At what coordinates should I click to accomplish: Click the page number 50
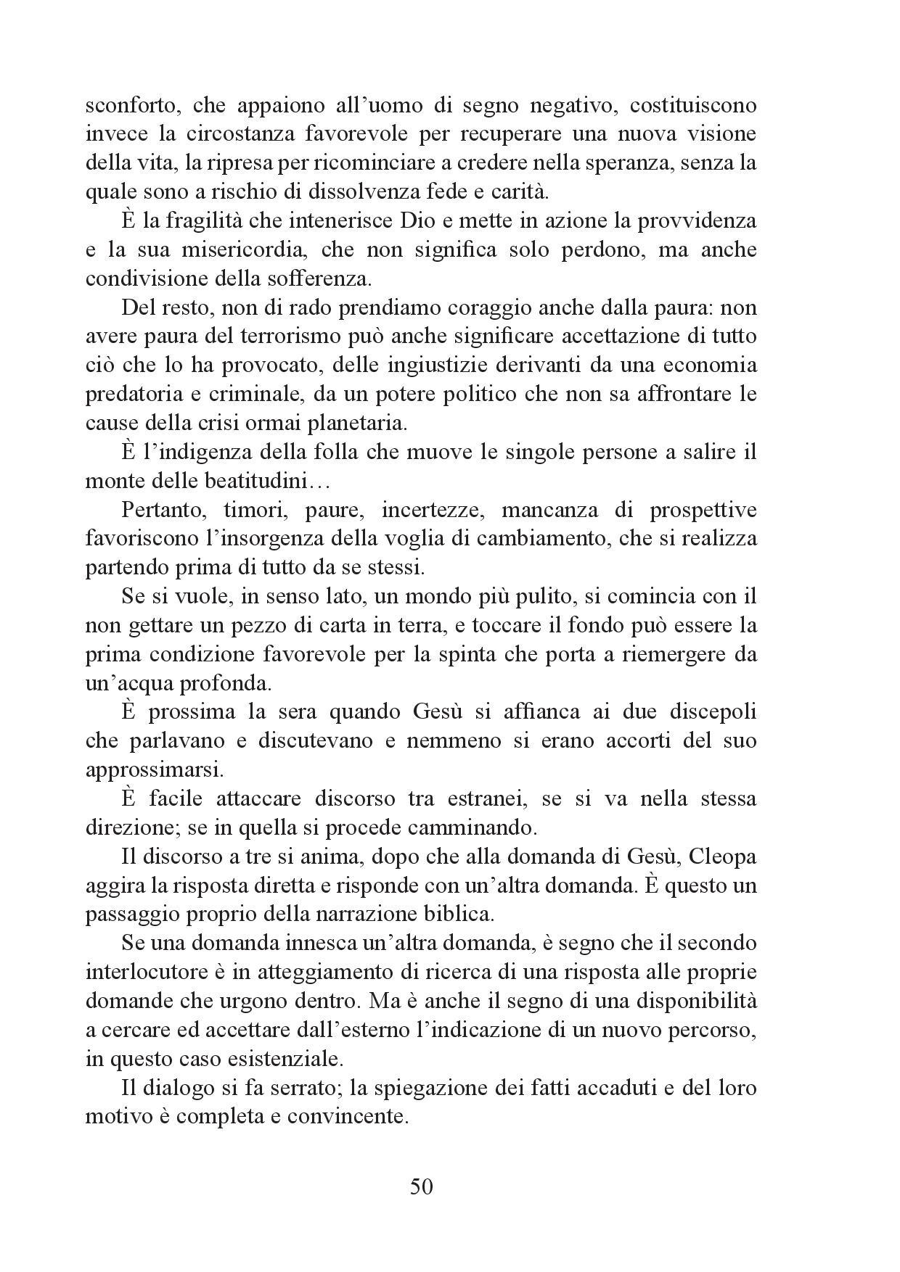(x=421, y=1187)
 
